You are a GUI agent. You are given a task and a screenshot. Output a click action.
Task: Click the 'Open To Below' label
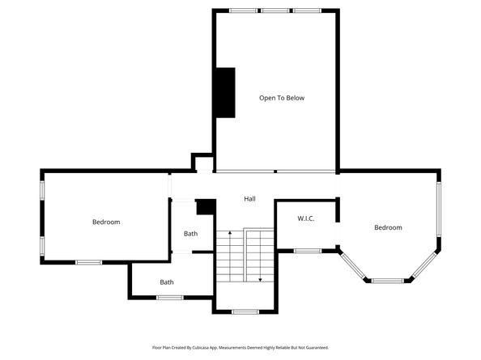[x=281, y=98]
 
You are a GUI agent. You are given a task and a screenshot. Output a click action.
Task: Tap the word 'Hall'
[x=250, y=199]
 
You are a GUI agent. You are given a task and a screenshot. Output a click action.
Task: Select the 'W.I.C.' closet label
[x=305, y=218]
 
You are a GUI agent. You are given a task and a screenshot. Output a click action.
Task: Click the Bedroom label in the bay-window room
[x=387, y=227]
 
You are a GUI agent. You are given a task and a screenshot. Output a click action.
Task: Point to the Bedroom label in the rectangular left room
[x=105, y=222]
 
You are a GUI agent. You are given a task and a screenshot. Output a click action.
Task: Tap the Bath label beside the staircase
[x=190, y=234]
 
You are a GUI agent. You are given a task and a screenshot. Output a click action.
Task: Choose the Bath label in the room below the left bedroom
[x=166, y=282]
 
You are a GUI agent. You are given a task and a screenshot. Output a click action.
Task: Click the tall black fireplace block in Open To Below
[x=223, y=92]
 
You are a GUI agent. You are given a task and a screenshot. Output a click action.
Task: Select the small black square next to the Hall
[x=206, y=207]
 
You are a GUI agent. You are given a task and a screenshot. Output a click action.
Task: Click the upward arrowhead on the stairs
[x=230, y=234]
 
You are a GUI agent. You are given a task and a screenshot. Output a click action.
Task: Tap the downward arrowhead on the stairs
[x=260, y=280]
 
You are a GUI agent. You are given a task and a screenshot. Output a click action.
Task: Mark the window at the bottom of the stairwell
[x=245, y=311]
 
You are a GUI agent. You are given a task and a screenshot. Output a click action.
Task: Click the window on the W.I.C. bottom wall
[x=307, y=251]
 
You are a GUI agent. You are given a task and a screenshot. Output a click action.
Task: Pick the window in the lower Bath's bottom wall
[x=168, y=298]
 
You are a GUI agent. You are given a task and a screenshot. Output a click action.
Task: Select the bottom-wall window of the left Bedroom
[x=88, y=262]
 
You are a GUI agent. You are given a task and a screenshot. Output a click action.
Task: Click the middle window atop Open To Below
[x=275, y=11]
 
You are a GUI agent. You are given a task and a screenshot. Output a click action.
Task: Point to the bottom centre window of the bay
[x=387, y=281]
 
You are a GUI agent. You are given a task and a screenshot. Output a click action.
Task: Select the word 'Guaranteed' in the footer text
[x=316, y=347]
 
